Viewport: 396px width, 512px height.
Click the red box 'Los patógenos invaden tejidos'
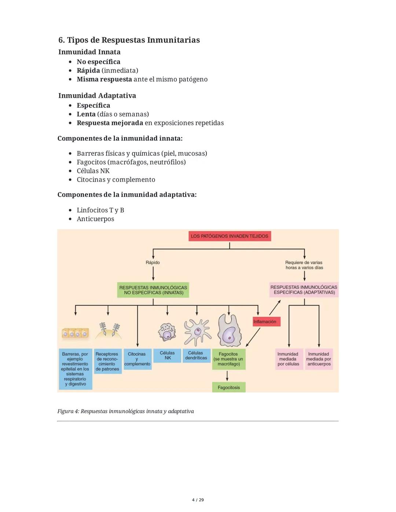point(230,236)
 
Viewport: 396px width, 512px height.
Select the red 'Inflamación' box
point(266,321)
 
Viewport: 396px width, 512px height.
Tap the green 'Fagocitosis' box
point(229,387)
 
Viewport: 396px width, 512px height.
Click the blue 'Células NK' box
point(167,356)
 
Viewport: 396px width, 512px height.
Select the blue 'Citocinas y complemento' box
point(137,359)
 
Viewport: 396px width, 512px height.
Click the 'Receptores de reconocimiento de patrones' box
point(107,361)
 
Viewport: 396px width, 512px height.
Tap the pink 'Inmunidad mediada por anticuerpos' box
point(319,359)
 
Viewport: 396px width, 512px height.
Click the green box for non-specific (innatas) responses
point(153,290)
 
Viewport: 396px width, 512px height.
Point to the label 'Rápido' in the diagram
point(153,262)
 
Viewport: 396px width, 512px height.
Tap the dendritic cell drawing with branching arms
point(197,332)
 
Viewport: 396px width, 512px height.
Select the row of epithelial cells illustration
point(75,333)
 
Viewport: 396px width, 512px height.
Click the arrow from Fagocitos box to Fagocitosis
point(227,376)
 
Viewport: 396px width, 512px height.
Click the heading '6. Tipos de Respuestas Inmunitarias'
point(129,40)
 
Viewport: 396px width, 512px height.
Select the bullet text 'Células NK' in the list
point(93,171)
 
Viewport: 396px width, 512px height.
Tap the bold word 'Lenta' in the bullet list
point(86,114)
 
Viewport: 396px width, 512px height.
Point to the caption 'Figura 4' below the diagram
point(125,411)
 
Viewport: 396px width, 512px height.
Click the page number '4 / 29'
point(198,500)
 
